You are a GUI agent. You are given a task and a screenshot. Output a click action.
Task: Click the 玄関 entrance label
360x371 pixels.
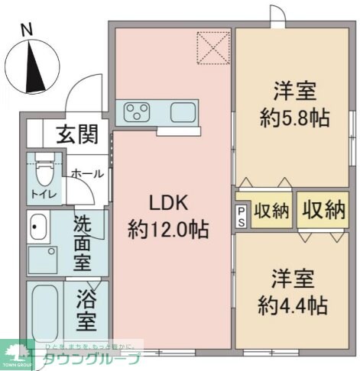pyautogui.click(x=76, y=134)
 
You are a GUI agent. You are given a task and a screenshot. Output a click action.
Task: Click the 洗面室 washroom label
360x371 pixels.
pyautogui.click(x=83, y=244)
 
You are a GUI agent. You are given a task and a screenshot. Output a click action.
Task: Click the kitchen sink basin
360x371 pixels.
pyautogui.click(x=183, y=113)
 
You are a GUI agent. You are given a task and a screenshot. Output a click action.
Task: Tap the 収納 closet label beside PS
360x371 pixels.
pyautogui.click(x=271, y=211)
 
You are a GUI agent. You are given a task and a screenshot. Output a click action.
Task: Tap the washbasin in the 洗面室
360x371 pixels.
pyautogui.click(x=38, y=226)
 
